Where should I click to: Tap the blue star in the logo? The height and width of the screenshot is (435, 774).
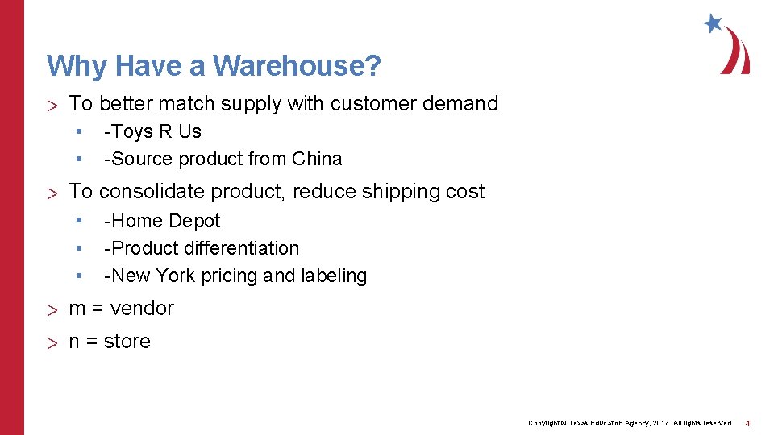(x=713, y=23)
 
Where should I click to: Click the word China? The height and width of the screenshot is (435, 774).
(x=317, y=159)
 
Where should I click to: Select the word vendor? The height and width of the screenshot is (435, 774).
(x=142, y=309)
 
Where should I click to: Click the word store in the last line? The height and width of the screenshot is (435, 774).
(x=127, y=342)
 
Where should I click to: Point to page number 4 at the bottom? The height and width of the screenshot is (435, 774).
(x=747, y=423)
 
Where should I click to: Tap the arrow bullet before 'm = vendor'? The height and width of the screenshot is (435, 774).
(x=52, y=309)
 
